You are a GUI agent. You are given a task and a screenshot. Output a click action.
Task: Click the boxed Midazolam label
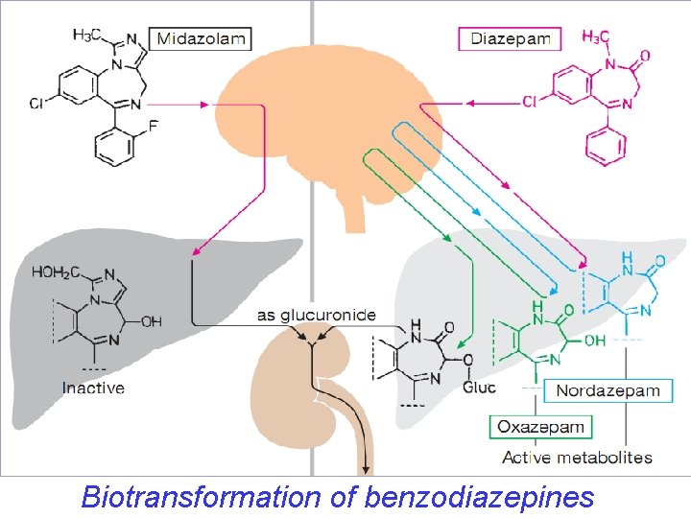click(201, 39)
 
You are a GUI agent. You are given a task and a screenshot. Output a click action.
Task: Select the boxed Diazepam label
click(510, 39)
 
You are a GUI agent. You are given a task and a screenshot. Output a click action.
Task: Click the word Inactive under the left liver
click(93, 388)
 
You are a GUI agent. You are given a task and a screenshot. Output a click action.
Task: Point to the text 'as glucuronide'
click(316, 315)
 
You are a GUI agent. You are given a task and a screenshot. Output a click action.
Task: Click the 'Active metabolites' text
click(578, 458)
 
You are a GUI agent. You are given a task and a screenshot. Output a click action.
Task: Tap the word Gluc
click(479, 388)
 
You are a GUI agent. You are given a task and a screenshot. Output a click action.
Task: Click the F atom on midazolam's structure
click(153, 125)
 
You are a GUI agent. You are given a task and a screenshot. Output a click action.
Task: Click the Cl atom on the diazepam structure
click(530, 101)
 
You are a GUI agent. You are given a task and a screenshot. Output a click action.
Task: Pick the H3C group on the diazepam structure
click(595, 37)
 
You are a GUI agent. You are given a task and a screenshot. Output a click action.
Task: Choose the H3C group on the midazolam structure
click(89, 35)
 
